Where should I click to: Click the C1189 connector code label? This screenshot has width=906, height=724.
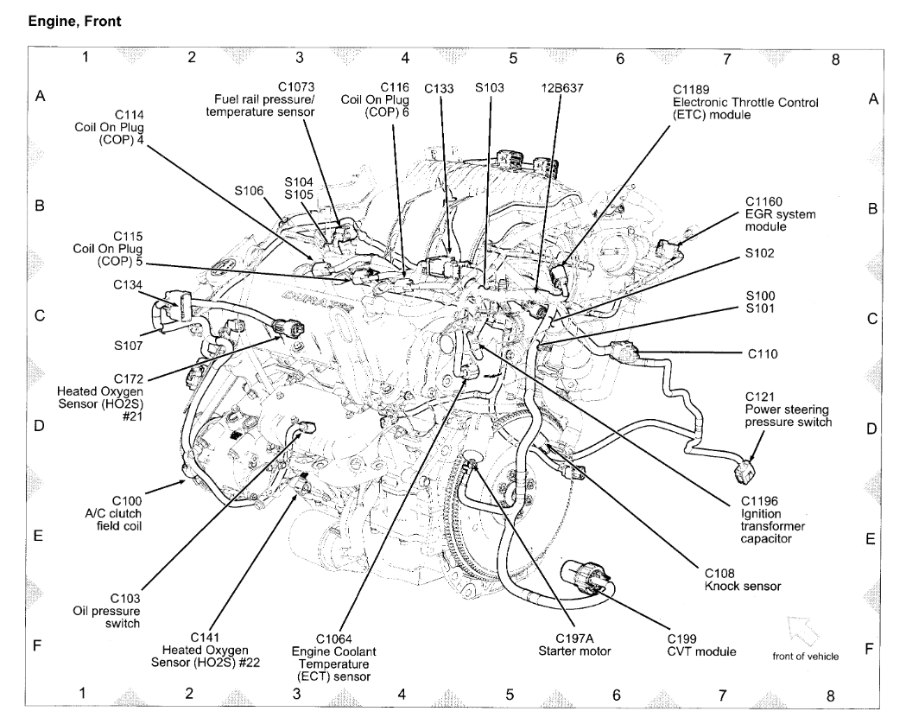click(x=692, y=88)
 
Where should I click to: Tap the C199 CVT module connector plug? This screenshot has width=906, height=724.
click(x=585, y=576)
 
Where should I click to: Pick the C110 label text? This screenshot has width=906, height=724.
click(x=763, y=352)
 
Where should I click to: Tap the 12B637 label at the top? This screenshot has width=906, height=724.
click(x=560, y=88)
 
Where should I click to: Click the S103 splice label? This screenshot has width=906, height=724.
click(x=490, y=88)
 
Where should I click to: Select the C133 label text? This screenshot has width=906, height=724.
click(x=440, y=88)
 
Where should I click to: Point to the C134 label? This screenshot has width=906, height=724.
click(x=127, y=283)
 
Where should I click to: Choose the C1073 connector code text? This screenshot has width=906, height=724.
click(x=295, y=87)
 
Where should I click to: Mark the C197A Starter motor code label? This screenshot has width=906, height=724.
click(x=567, y=638)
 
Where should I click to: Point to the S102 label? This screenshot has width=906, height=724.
click(x=761, y=253)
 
